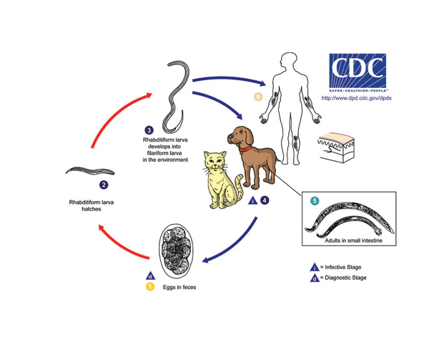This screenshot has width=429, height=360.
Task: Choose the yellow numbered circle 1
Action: [x=151, y=287]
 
